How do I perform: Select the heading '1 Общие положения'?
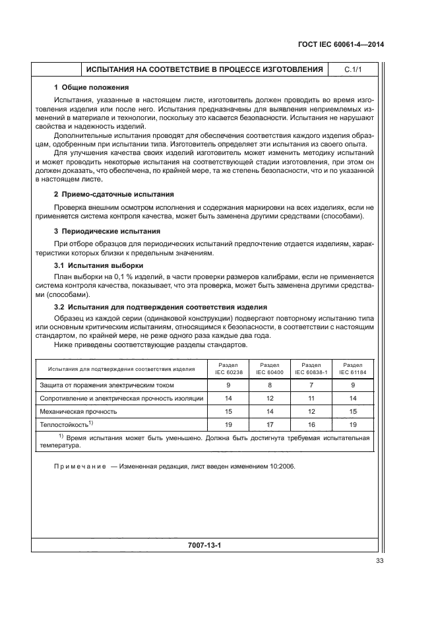point(91,87)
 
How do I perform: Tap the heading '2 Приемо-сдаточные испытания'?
point(113,194)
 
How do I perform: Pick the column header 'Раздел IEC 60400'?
point(269,368)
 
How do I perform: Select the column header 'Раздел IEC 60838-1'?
point(311,368)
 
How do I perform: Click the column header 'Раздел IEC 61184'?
point(353,368)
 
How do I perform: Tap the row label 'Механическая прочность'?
point(78,411)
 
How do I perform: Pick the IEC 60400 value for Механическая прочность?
point(269,411)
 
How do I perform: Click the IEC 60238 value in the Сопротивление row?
point(228,398)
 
